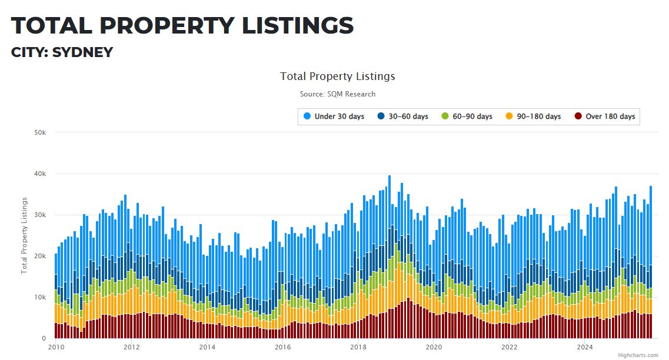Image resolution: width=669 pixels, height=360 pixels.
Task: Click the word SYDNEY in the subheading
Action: [x=82, y=52]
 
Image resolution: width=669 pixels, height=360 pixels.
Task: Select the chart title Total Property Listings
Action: [x=337, y=76]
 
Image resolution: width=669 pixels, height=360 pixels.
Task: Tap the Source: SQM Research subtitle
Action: [x=337, y=94]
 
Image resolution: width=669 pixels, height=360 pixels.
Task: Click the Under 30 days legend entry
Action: [x=339, y=116]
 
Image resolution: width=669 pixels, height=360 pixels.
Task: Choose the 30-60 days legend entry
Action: [x=408, y=116]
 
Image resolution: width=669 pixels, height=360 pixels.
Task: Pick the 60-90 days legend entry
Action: [x=472, y=116]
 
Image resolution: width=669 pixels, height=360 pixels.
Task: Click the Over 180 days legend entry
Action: [x=610, y=116]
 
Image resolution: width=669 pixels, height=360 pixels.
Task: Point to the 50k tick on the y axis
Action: [x=39, y=132]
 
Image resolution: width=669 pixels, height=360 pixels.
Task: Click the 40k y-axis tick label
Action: [x=39, y=174]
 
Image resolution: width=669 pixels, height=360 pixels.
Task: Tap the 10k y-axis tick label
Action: [x=39, y=297]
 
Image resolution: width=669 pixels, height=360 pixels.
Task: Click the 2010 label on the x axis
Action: [x=56, y=347]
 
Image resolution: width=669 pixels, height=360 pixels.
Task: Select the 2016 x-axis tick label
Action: [x=282, y=347]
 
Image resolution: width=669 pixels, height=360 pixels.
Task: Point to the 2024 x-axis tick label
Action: [x=584, y=347]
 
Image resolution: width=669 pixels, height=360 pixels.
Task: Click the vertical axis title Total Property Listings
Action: [x=25, y=235]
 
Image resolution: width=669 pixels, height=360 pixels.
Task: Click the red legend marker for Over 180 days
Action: [x=578, y=116]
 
